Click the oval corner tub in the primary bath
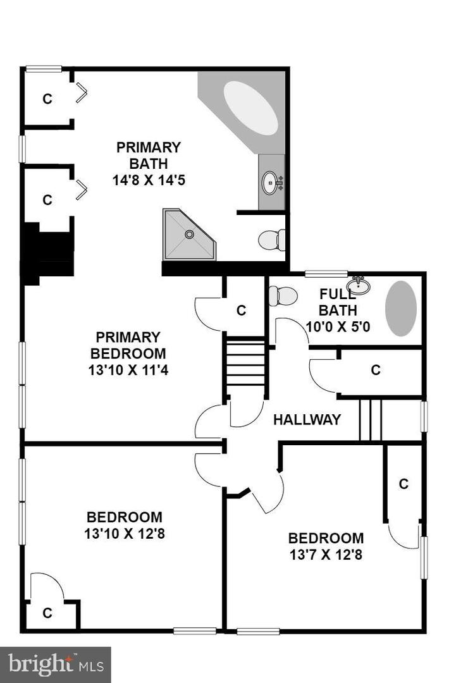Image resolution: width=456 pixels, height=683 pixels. [250, 108]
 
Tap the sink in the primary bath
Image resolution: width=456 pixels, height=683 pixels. [271, 183]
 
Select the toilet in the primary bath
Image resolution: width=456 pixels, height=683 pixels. [271, 240]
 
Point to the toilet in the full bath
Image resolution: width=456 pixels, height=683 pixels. [283, 295]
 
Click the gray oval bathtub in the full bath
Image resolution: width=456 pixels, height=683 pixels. [401, 308]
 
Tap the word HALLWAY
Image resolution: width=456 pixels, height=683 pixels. [307, 419]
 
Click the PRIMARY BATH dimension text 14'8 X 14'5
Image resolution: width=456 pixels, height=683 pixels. [149, 180]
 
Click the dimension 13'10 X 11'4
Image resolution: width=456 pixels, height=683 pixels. [128, 370]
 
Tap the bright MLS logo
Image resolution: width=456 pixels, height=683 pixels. [56, 664]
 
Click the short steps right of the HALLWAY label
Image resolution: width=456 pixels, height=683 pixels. [371, 419]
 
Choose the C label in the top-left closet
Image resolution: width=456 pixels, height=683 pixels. [46, 99]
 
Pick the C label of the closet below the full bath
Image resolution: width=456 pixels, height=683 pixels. [376, 370]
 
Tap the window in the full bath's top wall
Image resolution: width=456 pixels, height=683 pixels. [326, 274]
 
